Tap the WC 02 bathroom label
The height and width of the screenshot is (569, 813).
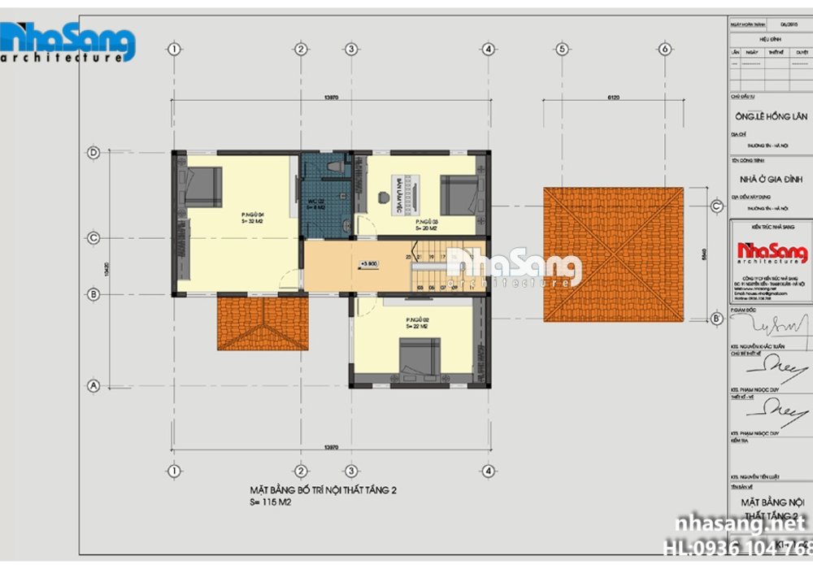point(317,203)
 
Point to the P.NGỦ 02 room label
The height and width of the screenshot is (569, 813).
point(418,324)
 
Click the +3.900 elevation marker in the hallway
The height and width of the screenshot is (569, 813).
point(369,263)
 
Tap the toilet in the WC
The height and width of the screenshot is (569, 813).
point(334,166)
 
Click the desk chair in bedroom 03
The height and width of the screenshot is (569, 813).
point(383,195)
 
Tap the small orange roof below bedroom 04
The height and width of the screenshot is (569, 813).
point(263,324)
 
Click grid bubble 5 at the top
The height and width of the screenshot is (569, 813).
point(561,49)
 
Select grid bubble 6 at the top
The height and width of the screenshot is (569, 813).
point(665,49)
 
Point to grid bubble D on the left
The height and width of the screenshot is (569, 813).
point(93,152)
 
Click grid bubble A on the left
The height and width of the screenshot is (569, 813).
point(93,387)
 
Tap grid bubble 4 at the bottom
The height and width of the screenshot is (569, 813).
point(488,471)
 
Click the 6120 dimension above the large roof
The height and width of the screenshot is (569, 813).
point(613,98)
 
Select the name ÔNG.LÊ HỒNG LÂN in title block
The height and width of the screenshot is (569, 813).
point(770,116)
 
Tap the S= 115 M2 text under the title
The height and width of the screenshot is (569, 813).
point(271,503)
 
